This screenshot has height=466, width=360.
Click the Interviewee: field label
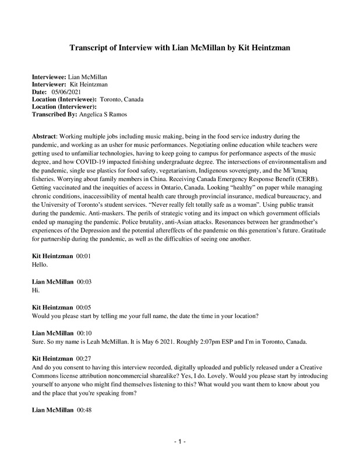click(49, 77)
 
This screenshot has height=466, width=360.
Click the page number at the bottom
click(180, 442)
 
